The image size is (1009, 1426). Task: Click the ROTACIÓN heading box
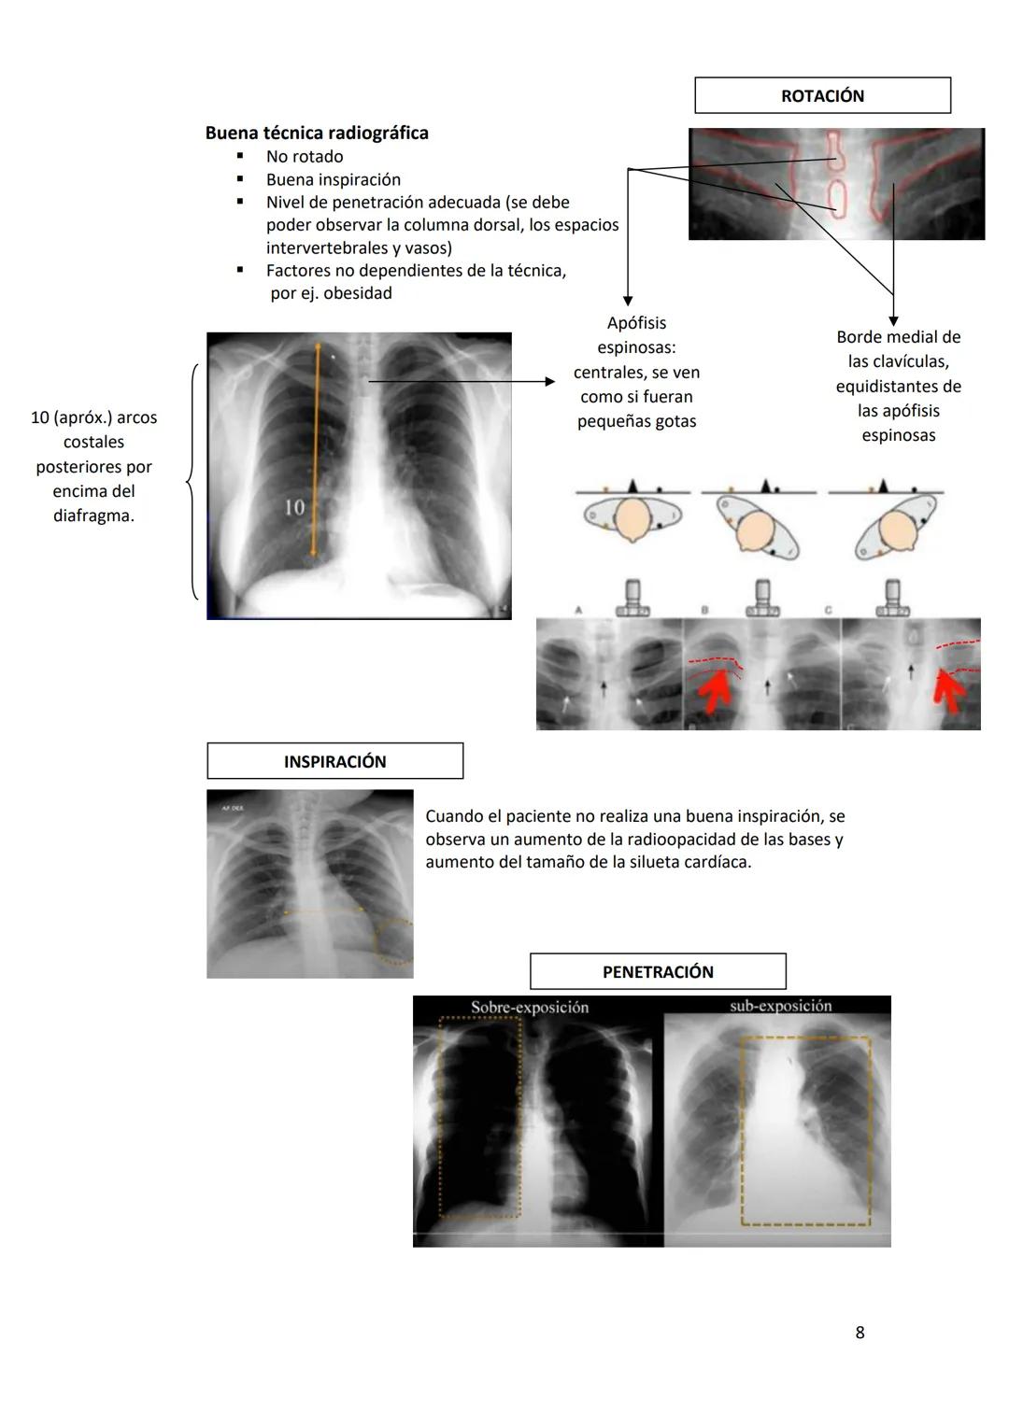coord(822,95)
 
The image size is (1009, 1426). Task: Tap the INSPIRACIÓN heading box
coord(334,761)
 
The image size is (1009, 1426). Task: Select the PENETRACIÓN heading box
coord(658,971)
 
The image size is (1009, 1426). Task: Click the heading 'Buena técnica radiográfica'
coord(317,133)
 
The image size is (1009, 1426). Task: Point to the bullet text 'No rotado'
coord(305,157)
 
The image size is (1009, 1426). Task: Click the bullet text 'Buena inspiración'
coord(334,179)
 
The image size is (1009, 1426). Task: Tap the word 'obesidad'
coord(358,293)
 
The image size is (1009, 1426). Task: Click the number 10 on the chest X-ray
coord(294,507)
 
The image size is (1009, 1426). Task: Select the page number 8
coord(860,1333)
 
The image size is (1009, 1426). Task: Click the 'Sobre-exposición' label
coord(530,1007)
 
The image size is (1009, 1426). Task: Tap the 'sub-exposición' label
coord(781,1006)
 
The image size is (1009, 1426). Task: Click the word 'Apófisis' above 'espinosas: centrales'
coord(636,323)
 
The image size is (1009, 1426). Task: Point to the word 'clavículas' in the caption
coord(905,361)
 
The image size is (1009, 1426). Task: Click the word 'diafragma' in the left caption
coord(92,515)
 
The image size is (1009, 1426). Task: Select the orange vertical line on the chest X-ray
coord(316,448)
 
